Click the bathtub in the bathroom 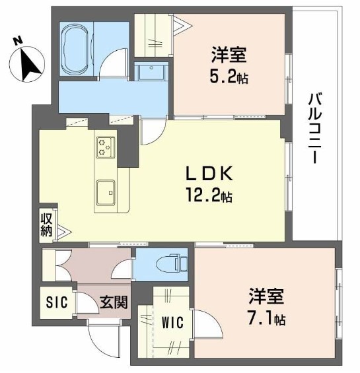coord(76,50)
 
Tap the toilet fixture coord(171,263)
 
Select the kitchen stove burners coord(106,147)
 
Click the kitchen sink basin coord(106,193)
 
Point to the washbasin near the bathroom coord(151,71)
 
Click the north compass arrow coord(30,65)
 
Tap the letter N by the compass coord(17,41)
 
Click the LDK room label coord(209,174)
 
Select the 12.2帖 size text coord(209,195)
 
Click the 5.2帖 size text coord(229,77)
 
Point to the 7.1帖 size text coord(266,320)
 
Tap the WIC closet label coord(172,323)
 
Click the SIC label coord(57,302)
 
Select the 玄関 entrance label coord(114,302)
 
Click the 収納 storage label coord(46,225)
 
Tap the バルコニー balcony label coord(315,129)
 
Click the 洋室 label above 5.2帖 coord(229,55)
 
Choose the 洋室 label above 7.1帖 coord(266,296)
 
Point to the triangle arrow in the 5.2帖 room coord(182,25)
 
